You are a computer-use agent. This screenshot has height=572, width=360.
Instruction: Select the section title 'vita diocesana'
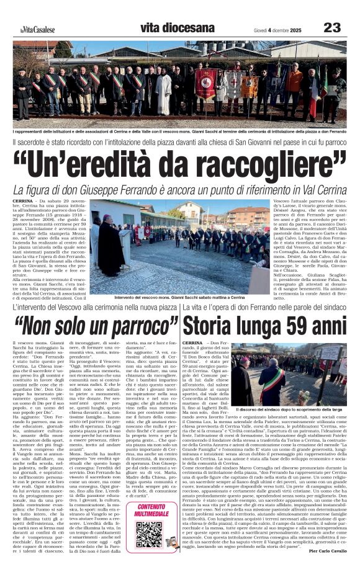(165, 27)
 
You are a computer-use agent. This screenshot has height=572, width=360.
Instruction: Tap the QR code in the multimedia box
(149, 534)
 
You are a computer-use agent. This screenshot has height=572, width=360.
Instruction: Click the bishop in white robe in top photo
(163, 90)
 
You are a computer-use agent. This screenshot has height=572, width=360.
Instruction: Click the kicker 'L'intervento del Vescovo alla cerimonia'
(93, 307)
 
